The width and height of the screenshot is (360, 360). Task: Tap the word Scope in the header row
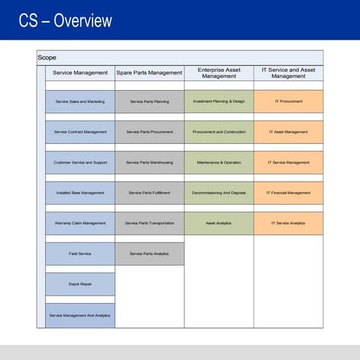[x=47, y=58]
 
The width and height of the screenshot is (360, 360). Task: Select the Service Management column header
[x=80, y=73]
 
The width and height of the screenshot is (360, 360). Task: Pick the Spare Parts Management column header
[x=149, y=73]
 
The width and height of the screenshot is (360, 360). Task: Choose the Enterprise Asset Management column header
[x=218, y=73]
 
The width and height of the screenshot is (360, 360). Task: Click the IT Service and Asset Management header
[x=288, y=73]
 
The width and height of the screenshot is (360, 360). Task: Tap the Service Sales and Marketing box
[x=80, y=101]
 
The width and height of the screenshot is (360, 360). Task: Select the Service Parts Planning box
[x=149, y=101]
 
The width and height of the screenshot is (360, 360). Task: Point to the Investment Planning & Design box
[x=218, y=101]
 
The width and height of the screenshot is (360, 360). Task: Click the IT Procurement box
[x=288, y=101]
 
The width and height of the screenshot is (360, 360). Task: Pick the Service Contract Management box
[x=80, y=132]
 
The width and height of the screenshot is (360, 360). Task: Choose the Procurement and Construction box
[x=218, y=132]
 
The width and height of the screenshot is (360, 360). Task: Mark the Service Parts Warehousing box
[x=149, y=162]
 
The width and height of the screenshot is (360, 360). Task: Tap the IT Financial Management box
[x=288, y=193]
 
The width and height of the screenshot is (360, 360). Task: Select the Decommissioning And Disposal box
[x=218, y=193]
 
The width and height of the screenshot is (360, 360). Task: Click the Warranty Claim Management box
[x=80, y=223]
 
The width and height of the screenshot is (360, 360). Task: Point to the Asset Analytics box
[x=218, y=223]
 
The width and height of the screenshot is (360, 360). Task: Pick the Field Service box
[x=80, y=253]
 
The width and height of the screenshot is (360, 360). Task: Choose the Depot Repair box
[x=80, y=284]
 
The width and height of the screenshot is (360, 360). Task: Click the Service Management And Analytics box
[x=80, y=315]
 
